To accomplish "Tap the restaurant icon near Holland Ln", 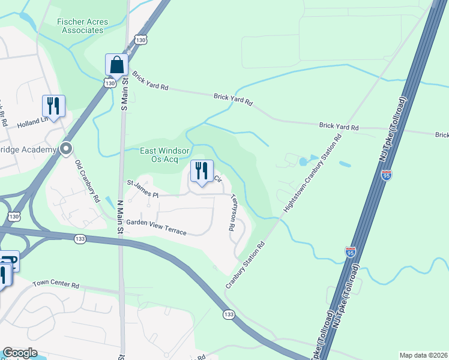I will tap(53, 106).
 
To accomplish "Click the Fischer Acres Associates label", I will tap(83, 26).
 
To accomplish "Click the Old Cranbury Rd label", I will tap(88, 182).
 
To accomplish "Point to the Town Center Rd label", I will tap(56, 284).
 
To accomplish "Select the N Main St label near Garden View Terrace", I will tap(120, 217).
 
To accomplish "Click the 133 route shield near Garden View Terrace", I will tap(80, 239).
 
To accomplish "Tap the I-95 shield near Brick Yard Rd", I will tap(387, 175).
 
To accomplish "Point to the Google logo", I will tap(20, 353).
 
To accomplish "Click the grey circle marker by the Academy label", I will tap(66, 149).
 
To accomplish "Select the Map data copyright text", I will tap(423, 355).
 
